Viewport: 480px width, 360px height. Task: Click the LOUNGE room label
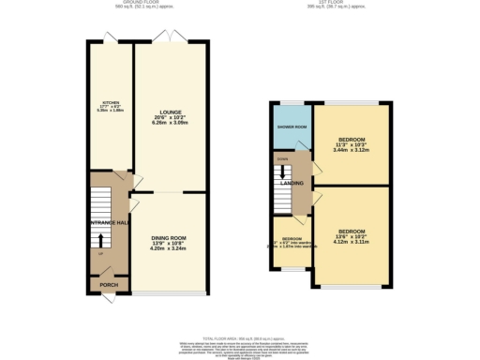170,111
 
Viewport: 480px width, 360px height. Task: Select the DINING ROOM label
170,238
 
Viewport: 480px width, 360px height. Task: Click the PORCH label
102,281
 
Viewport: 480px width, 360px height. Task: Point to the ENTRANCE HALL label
110,222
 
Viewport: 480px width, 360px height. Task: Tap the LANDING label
291,184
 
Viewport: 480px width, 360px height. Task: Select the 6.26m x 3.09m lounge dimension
170,123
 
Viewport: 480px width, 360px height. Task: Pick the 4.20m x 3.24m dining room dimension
170,249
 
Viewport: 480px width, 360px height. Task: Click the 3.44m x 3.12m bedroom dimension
352,150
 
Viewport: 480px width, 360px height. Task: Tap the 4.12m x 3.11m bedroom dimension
352,243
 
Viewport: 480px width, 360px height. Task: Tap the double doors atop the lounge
172,38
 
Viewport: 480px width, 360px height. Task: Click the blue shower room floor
291,138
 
